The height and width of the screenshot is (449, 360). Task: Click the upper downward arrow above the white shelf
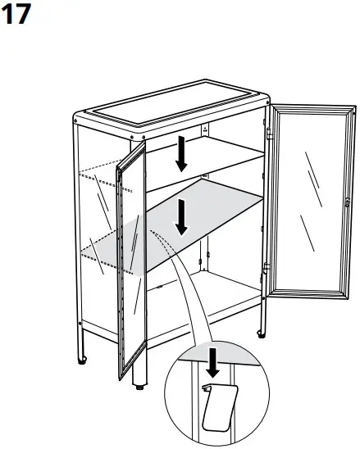181,153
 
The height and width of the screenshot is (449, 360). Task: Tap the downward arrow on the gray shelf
181,216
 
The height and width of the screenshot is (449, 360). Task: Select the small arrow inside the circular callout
212,361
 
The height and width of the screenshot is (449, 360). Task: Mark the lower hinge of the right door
267,270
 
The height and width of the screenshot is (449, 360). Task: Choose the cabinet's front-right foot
261,332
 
